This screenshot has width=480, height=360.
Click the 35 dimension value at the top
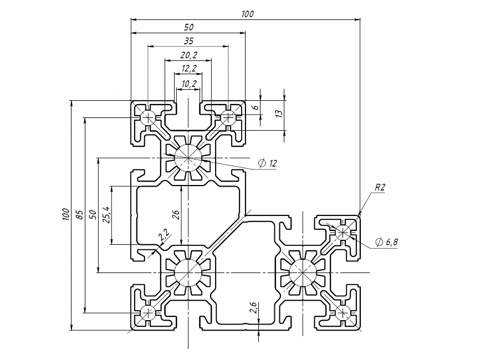coord(189,40)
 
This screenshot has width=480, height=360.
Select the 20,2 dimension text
coord(189,55)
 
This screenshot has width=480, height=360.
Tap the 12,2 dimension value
coord(189,69)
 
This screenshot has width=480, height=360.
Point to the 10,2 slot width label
coord(189,84)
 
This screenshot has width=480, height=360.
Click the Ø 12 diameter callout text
coord(268,163)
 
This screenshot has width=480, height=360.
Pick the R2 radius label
coord(380,187)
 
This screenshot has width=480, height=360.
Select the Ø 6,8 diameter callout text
coord(387,242)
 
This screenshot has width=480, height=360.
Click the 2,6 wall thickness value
coord(253,308)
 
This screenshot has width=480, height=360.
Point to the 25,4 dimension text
coord(107,214)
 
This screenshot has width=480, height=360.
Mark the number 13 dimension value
coord(279,114)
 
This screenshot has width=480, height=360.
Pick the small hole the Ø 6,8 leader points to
coord(343,232)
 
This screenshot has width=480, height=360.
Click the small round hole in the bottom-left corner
coord(148,313)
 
